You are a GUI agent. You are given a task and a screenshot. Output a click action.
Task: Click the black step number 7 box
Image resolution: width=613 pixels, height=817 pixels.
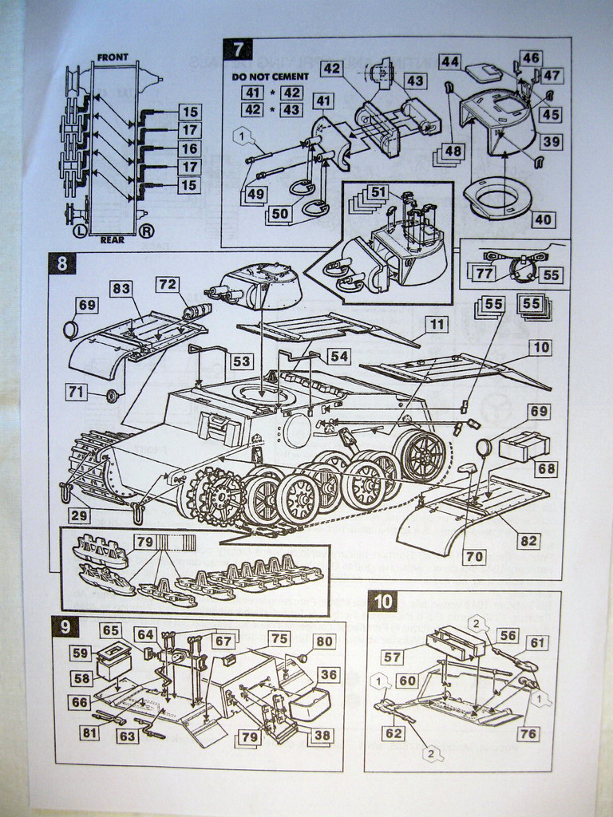238,49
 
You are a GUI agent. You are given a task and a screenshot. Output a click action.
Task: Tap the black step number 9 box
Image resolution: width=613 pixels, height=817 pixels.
63,627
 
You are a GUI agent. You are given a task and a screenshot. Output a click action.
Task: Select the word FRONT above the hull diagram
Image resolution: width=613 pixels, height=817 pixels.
113,57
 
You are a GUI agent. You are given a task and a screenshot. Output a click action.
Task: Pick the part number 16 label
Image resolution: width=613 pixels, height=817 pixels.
189,148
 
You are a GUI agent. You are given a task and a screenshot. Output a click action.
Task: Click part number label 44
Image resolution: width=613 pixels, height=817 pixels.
449,61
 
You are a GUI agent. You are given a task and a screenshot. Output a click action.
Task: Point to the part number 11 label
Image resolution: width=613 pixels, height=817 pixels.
436,324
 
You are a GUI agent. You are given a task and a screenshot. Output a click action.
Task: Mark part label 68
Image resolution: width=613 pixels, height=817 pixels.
547,469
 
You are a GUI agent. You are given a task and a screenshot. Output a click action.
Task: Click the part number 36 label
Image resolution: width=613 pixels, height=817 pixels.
326,674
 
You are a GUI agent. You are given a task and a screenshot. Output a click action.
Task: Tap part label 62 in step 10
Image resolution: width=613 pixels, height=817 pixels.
393,732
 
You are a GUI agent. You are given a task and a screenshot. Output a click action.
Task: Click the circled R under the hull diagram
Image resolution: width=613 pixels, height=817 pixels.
146,231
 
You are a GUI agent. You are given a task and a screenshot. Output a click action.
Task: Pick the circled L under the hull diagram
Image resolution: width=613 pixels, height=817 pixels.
80,231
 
